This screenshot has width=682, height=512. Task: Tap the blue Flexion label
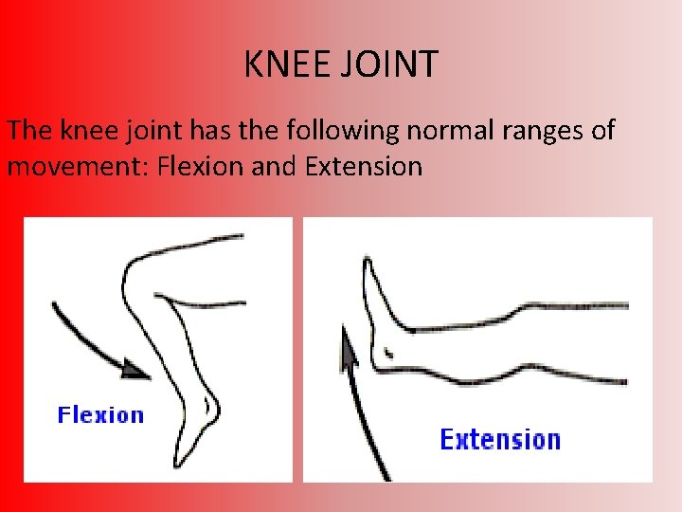(100, 414)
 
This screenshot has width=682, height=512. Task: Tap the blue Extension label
(500, 439)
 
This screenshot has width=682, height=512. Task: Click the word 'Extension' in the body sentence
(364, 167)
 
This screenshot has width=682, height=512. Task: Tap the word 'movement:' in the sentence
(76, 167)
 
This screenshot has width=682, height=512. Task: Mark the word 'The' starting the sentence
(28, 130)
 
